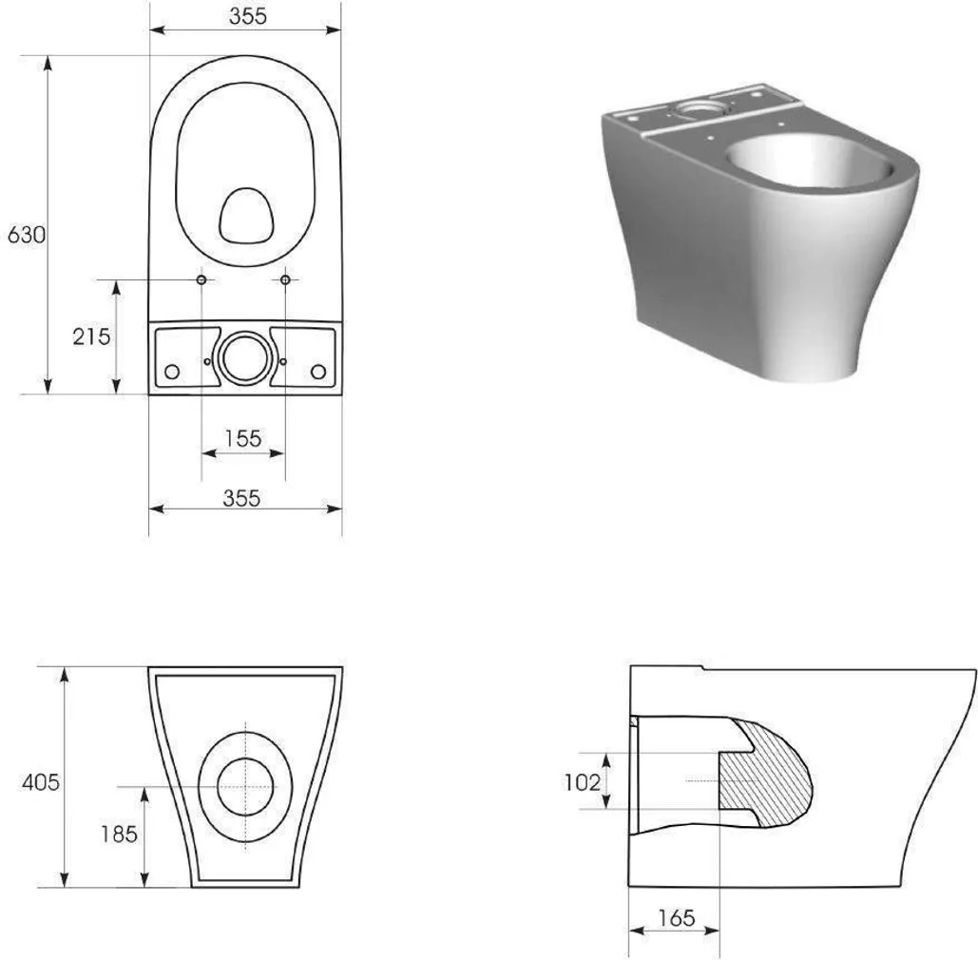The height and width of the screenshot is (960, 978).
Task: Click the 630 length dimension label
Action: pyautogui.click(x=27, y=235)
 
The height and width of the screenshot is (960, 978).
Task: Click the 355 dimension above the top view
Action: pyautogui.click(x=248, y=16)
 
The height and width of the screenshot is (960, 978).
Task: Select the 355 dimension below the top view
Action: pyautogui.click(x=241, y=498)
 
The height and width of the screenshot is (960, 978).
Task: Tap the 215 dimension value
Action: pyautogui.click(x=91, y=336)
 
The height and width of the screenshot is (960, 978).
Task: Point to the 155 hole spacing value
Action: pyautogui.click(x=242, y=438)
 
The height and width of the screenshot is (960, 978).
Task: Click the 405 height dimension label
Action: pyautogui.click(x=41, y=782)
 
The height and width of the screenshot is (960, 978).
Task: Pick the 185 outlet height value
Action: pyautogui.click(x=119, y=834)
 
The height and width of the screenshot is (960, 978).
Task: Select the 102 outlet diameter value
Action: pyautogui.click(x=583, y=782)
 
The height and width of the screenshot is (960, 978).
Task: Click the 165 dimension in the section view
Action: pyautogui.click(x=676, y=918)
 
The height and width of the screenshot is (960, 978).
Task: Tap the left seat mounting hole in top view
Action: pyautogui.click(x=201, y=279)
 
